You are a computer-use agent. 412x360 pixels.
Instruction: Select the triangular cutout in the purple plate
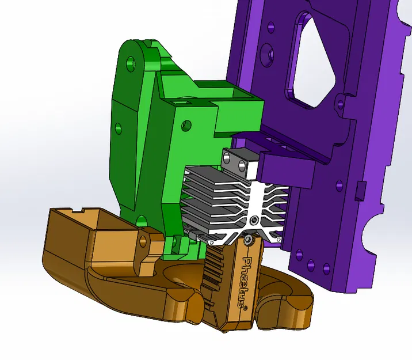pyautogui.click(x=310, y=58)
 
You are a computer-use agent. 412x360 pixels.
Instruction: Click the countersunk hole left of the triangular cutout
pyautogui.click(x=266, y=54)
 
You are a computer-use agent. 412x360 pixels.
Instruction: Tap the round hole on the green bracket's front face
pyautogui.click(x=185, y=124)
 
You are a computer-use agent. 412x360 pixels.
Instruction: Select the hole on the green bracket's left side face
pyautogui.click(x=119, y=128)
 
